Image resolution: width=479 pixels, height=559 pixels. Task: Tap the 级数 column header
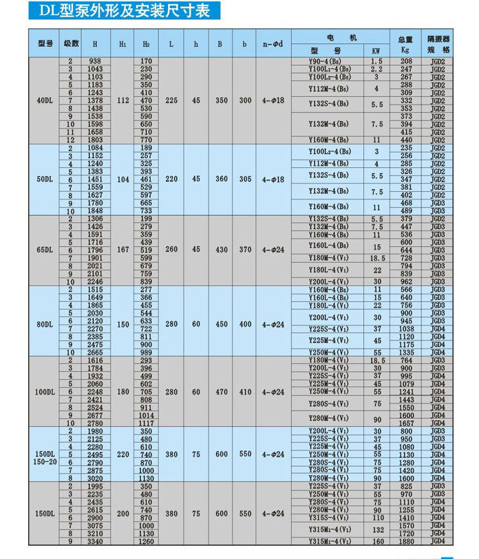pyautogui.click(x=71, y=43)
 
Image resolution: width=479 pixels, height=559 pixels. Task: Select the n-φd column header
pyautogui.click(x=273, y=43)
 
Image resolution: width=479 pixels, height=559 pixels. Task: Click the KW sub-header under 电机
pyautogui.click(x=376, y=51)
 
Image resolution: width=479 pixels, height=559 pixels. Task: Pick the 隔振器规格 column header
pyautogui.click(x=438, y=44)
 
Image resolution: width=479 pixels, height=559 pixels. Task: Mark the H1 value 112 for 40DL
pyautogui.click(x=123, y=100)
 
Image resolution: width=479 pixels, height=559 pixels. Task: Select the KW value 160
pyautogui.click(x=376, y=541)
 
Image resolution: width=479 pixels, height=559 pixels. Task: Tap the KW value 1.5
pyautogui.click(x=376, y=61)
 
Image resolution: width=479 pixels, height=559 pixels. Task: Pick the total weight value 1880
pyautogui.click(x=406, y=541)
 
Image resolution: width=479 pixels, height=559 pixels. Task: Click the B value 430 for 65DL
pyautogui.click(x=221, y=250)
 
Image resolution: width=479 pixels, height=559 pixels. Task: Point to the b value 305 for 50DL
pyautogui.click(x=245, y=179)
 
